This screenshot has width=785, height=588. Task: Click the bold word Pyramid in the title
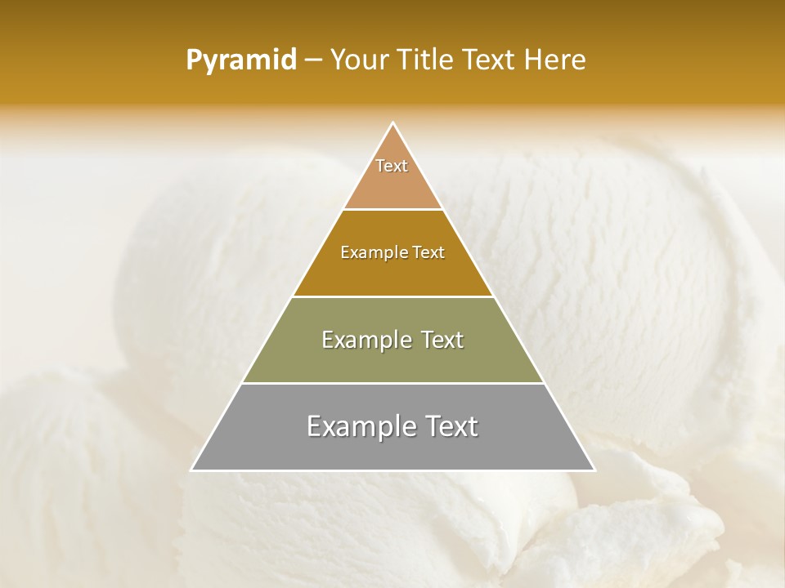pos(240,60)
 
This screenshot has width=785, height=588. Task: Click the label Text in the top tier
pos(392,166)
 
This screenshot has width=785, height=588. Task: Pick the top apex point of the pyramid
pos(393,123)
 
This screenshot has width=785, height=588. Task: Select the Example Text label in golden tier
pos(392,252)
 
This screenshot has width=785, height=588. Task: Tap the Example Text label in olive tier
pos(392,340)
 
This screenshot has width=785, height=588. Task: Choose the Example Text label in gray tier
pos(392,426)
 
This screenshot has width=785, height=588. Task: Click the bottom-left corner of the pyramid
pos(191,470)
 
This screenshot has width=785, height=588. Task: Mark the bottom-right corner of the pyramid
pos(594,470)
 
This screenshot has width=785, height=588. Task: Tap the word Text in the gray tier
pos(451,426)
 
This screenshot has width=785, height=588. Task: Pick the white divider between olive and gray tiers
pos(392,383)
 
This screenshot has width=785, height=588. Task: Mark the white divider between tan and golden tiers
pos(392,210)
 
